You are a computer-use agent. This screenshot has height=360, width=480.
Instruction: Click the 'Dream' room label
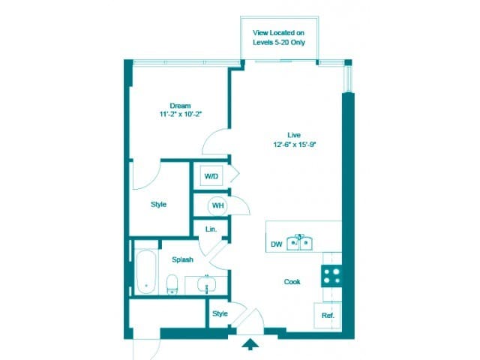click(180, 105)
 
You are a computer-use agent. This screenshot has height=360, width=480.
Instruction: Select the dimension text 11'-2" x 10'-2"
click(180, 114)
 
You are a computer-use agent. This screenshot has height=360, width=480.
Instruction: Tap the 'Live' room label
click(282, 135)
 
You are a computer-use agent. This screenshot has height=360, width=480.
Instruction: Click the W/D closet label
click(211, 177)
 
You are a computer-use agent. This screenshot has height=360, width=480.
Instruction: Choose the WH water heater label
click(217, 205)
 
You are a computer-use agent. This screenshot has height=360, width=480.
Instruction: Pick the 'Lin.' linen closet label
click(211, 229)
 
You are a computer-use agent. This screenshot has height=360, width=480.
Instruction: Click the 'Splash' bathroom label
click(182, 259)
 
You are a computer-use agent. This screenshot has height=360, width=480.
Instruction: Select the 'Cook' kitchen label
click(292, 282)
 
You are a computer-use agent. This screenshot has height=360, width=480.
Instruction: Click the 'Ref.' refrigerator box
click(327, 316)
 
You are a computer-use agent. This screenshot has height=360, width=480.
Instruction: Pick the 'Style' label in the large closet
click(158, 204)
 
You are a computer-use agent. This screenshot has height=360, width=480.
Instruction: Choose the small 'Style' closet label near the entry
click(219, 313)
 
